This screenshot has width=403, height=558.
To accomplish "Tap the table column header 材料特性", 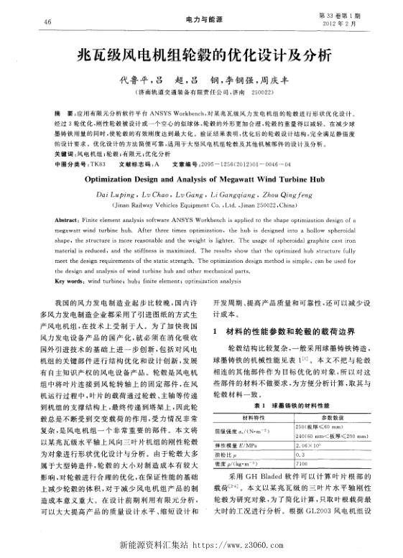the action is click(253, 418).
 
